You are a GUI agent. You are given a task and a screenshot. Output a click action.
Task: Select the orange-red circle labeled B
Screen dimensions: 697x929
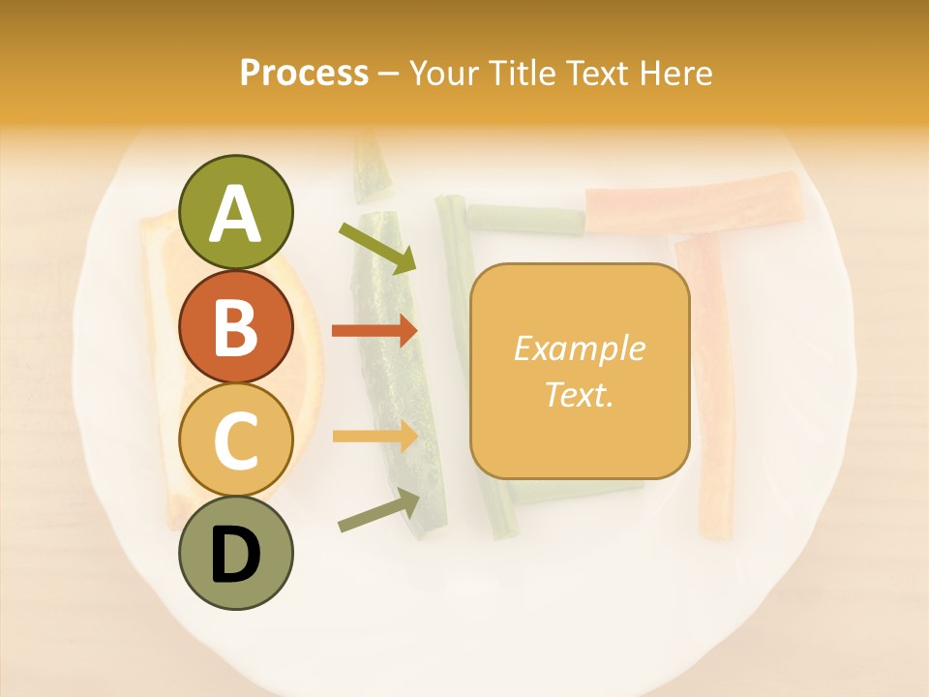235,326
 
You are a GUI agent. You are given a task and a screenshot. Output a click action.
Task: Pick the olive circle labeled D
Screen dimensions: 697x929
235,553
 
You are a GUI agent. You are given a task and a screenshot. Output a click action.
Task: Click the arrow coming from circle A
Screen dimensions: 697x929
377,248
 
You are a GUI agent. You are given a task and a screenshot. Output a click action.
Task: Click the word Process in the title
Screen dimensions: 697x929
304,73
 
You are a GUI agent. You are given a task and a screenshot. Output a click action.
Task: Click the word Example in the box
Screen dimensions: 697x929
579,348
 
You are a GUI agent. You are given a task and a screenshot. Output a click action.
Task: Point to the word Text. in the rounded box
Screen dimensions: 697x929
579,394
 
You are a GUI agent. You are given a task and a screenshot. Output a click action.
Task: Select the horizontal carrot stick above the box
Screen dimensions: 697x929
693,203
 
